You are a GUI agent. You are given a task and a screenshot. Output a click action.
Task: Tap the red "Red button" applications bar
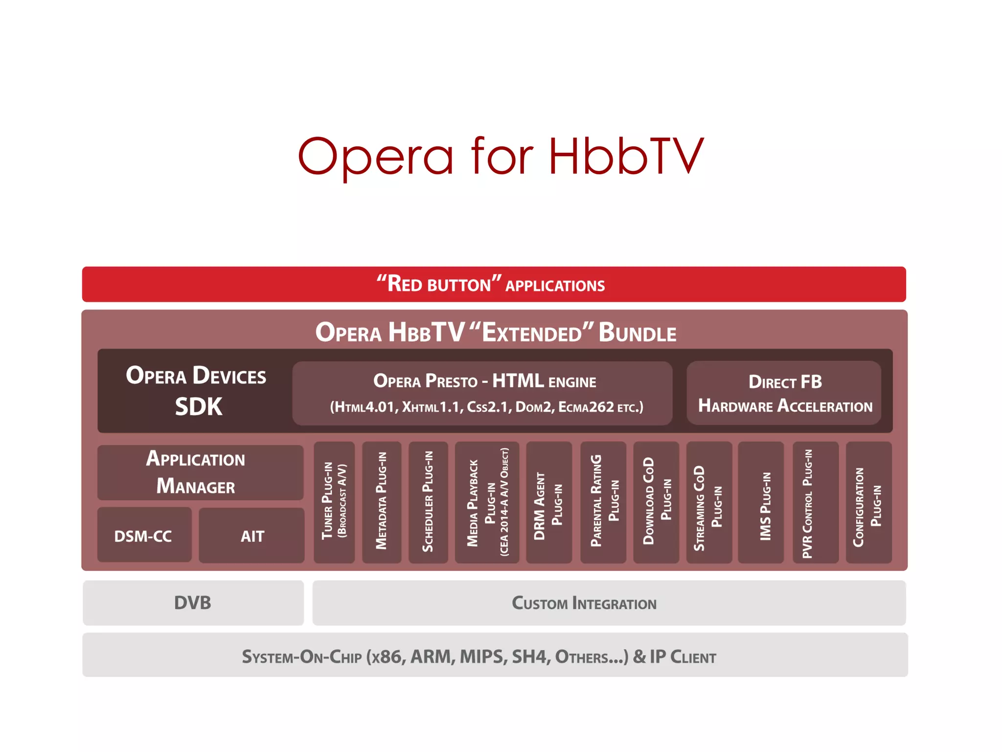[x=494, y=284]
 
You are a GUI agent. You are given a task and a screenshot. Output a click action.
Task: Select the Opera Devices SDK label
[x=196, y=391]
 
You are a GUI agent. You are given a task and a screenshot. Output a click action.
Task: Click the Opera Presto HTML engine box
[x=482, y=393]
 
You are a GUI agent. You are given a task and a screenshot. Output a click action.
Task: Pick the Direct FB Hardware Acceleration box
[x=784, y=393]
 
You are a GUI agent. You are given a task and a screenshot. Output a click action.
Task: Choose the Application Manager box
[x=200, y=472]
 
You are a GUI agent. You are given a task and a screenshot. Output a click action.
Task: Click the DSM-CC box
[x=144, y=536]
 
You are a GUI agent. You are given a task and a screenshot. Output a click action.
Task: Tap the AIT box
[x=252, y=536]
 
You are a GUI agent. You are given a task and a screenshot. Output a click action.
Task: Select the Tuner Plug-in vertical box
[x=334, y=502]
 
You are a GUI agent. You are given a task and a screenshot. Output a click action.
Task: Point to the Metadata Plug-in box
[x=382, y=502]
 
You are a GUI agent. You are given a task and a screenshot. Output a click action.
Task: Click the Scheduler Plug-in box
[x=428, y=502]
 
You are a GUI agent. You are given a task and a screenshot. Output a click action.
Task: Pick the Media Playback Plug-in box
[x=487, y=502]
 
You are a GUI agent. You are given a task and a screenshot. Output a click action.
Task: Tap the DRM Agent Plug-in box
[x=549, y=502]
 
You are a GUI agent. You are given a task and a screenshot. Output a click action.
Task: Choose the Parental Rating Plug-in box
[x=603, y=502]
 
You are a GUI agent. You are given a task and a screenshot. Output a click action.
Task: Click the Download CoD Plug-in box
[x=656, y=502]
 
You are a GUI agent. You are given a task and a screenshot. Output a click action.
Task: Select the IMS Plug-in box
[x=761, y=502]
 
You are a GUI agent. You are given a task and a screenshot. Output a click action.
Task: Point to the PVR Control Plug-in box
[x=815, y=502]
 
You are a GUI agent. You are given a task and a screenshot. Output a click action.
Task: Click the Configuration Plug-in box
[x=868, y=502]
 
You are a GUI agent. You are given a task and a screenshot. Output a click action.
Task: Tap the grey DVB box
[x=193, y=603]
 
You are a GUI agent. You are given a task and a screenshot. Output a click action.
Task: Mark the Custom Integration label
[x=584, y=603]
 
